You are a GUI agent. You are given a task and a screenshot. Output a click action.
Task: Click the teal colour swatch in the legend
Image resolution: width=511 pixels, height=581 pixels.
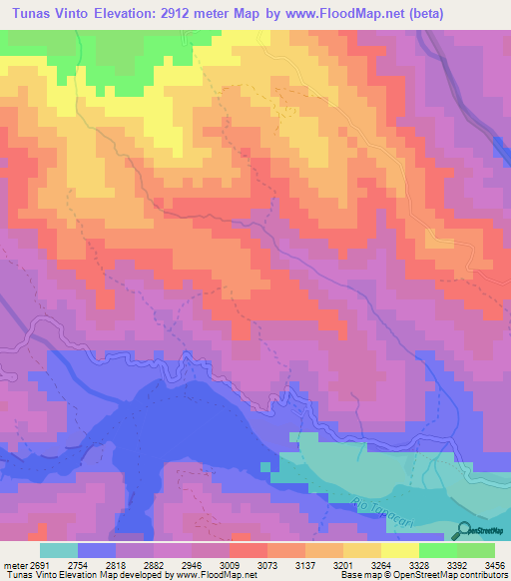(x=59, y=550)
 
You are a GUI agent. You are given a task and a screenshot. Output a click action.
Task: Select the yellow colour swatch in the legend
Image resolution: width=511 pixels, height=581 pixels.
(x=362, y=550)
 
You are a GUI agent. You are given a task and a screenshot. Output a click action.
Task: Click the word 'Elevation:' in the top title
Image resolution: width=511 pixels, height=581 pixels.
(x=133, y=13)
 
